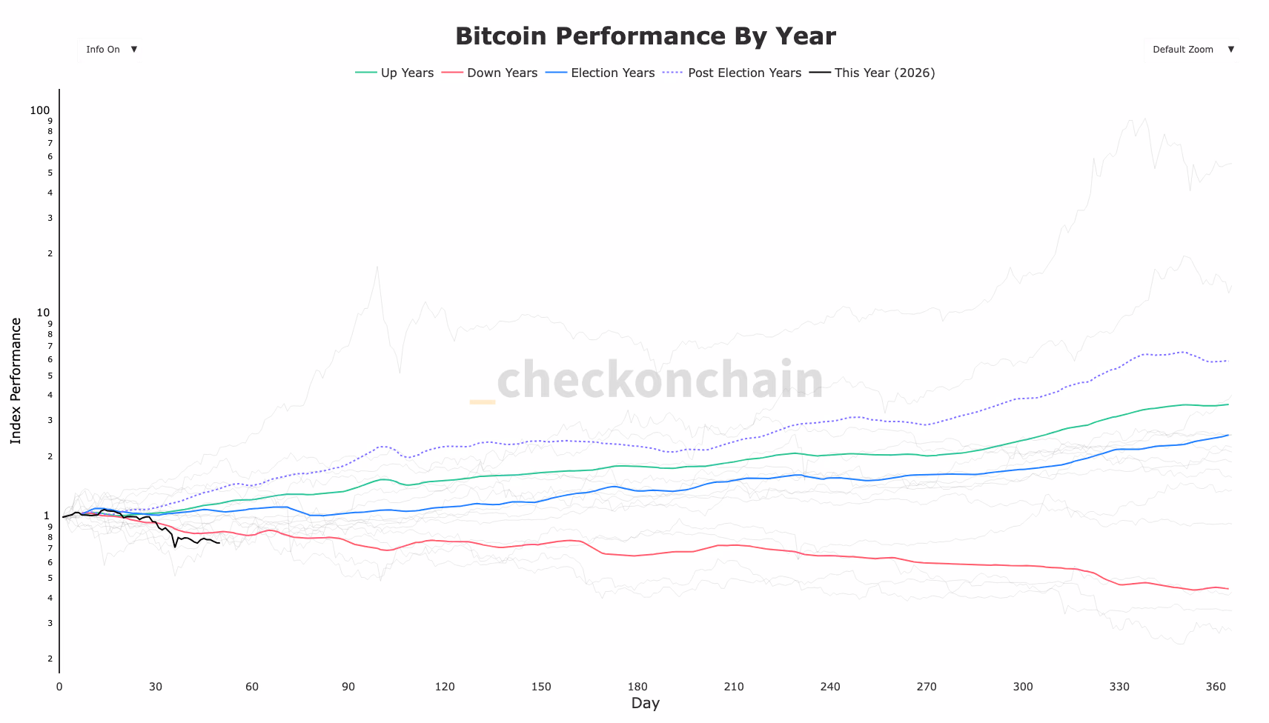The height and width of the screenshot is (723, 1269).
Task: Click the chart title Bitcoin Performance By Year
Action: click(x=645, y=36)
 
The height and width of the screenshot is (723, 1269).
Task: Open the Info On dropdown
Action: click(x=110, y=50)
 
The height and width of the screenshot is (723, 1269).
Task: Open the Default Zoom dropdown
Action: click(x=1191, y=50)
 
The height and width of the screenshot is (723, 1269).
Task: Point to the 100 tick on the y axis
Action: click(x=40, y=110)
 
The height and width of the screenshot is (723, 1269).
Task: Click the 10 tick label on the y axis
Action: click(x=43, y=313)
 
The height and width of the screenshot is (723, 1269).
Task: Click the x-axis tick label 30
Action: click(x=156, y=687)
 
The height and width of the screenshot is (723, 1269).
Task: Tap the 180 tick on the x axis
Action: click(x=637, y=687)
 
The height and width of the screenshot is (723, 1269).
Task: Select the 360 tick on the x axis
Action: click(x=1216, y=687)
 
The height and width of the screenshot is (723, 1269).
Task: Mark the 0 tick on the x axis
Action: click(x=59, y=687)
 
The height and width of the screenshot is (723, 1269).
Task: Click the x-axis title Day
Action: click(x=645, y=704)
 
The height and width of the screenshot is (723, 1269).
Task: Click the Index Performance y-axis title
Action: click(x=16, y=381)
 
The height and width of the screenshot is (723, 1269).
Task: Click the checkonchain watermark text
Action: click(x=660, y=379)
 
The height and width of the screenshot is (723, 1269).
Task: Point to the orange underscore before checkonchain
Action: click(x=483, y=402)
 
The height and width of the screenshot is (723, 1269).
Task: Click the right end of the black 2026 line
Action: click(x=219, y=543)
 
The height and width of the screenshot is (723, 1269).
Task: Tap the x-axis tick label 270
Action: click(x=927, y=687)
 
